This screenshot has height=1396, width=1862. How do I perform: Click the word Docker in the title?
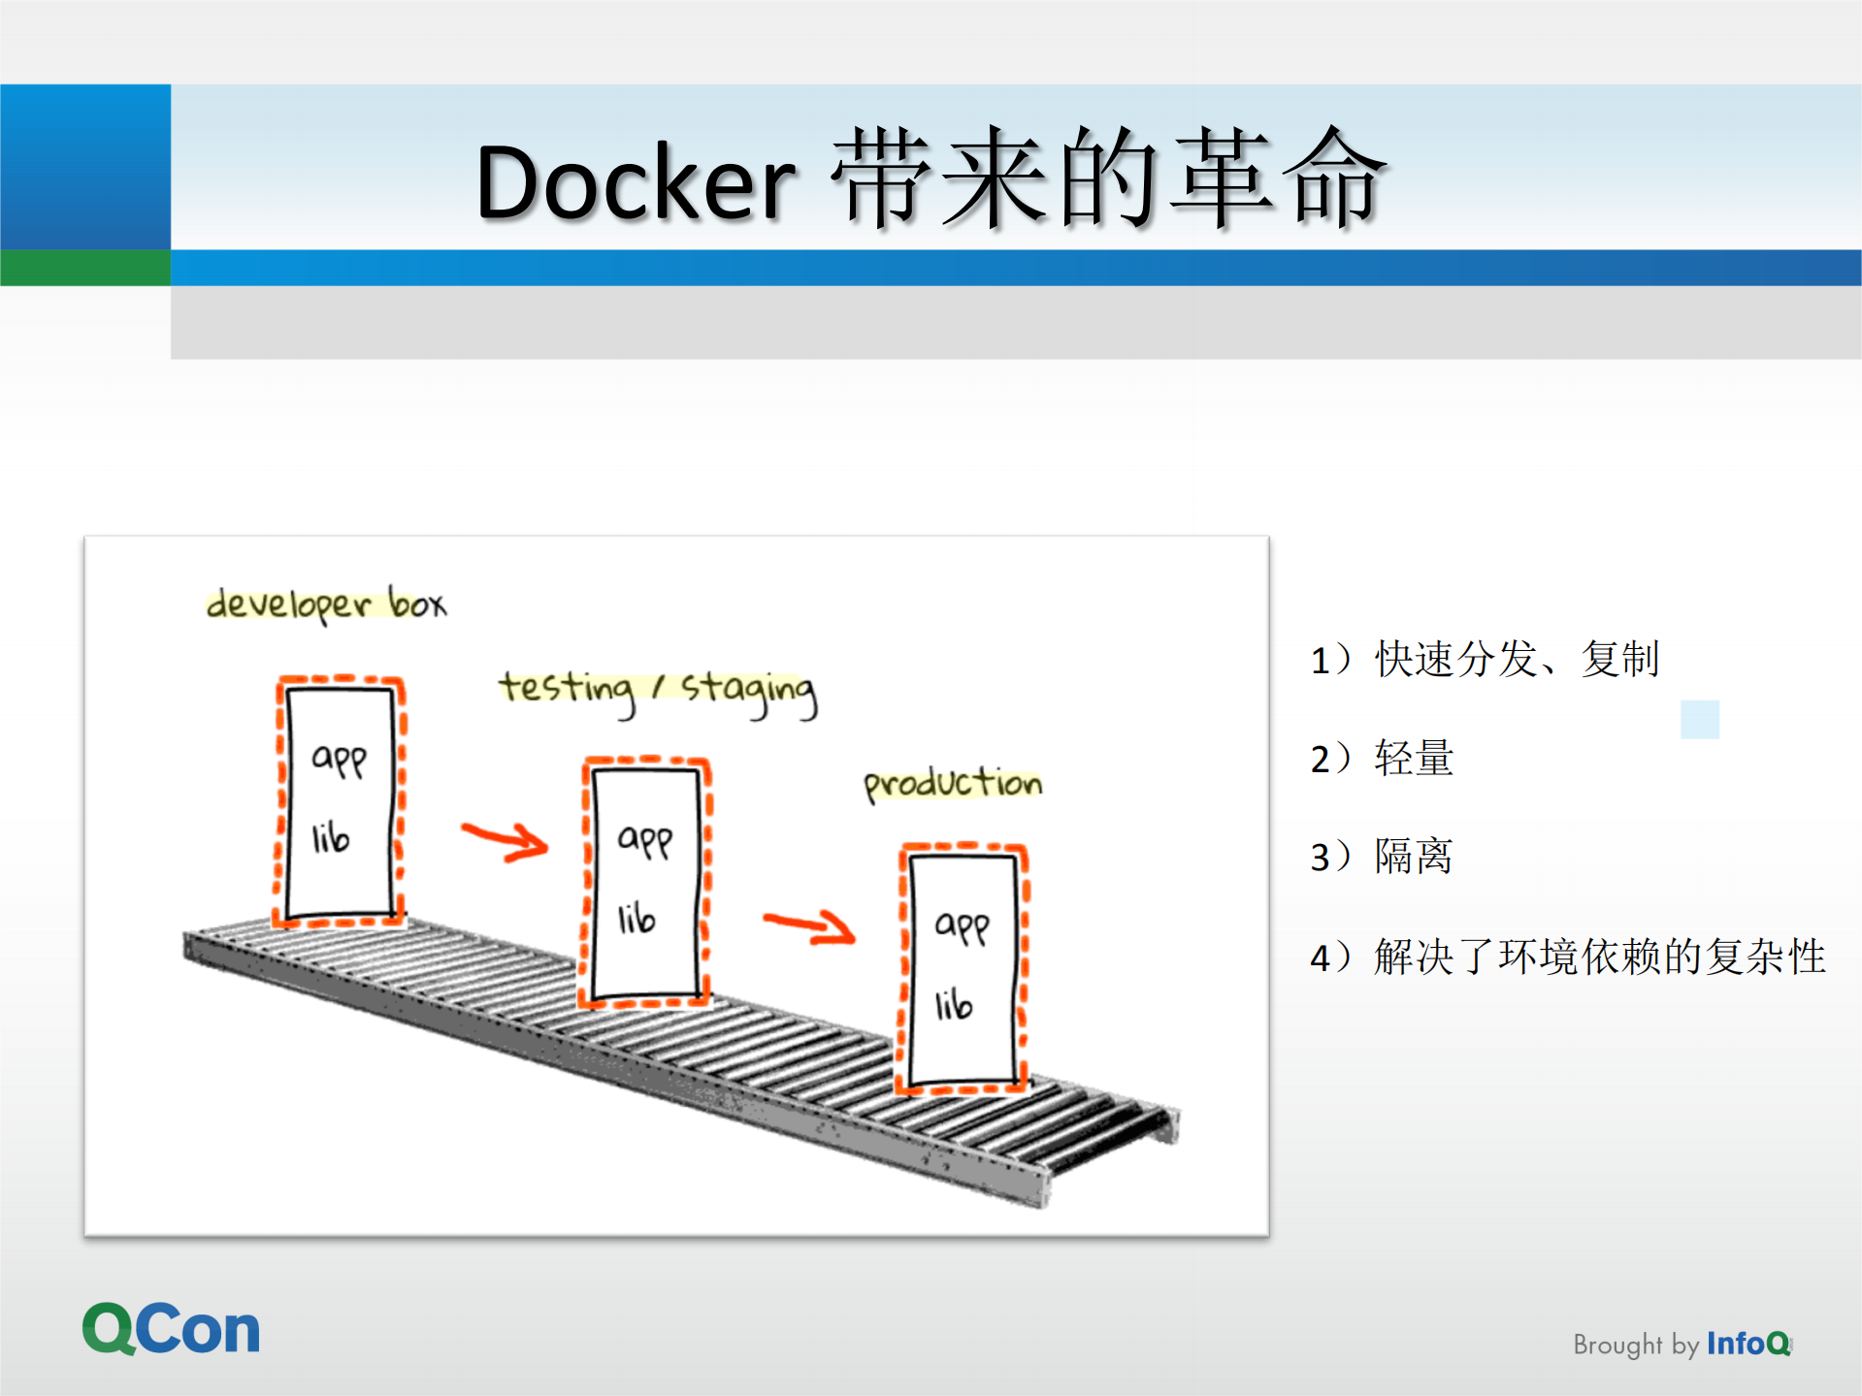click(x=636, y=182)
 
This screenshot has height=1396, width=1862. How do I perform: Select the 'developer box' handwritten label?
click(x=326, y=603)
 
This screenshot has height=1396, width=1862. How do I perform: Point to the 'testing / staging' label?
click(x=658, y=690)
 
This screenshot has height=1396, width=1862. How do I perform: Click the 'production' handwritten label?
click(x=953, y=782)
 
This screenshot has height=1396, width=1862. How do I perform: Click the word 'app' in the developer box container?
click(x=339, y=758)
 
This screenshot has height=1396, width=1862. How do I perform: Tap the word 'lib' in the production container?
click(x=953, y=1005)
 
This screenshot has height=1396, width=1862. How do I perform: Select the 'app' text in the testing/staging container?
click(x=645, y=839)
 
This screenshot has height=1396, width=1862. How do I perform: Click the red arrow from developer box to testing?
click(x=506, y=840)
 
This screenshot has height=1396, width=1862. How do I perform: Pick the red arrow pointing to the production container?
click(x=809, y=926)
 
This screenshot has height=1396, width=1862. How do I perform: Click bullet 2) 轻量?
click(x=1382, y=758)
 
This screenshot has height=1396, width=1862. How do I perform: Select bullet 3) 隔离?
click(x=1382, y=857)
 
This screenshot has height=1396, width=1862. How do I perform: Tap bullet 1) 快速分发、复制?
click(x=1485, y=659)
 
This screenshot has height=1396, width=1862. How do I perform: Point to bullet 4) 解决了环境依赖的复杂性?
click(x=1567, y=957)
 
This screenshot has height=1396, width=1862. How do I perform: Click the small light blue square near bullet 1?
click(x=1700, y=719)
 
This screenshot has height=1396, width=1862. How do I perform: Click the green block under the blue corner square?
click(x=85, y=268)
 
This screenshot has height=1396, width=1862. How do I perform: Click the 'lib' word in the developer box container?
click(x=330, y=838)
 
